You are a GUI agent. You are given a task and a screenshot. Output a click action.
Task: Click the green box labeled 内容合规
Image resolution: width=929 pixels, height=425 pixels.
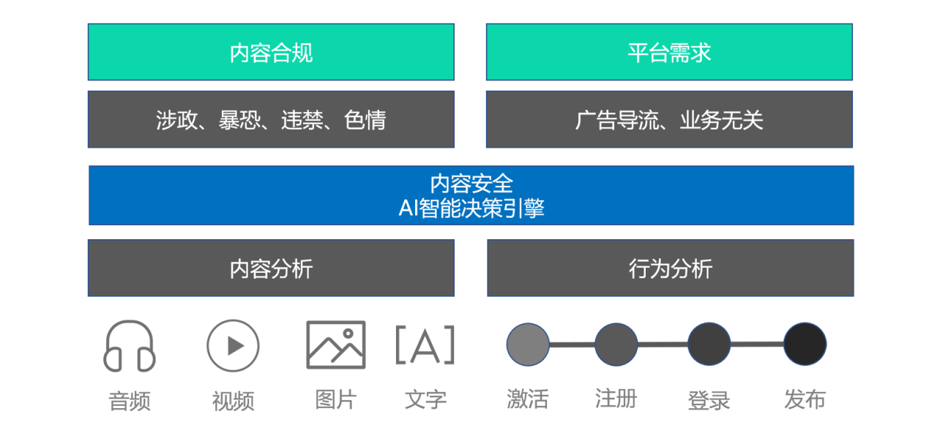271,52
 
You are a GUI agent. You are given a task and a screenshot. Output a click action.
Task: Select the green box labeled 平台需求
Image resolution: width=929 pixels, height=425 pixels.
669,52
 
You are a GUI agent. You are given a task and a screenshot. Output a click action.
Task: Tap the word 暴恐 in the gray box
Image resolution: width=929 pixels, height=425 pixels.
239,120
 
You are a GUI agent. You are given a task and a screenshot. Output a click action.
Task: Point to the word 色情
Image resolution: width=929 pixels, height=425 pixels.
365,120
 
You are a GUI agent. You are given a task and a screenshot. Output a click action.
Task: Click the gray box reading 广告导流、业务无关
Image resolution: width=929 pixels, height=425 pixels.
669,119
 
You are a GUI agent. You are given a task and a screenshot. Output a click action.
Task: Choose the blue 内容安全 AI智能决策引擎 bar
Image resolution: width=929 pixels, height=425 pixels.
471,195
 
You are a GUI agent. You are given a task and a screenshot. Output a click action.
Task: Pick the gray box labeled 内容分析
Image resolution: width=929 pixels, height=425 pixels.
271,268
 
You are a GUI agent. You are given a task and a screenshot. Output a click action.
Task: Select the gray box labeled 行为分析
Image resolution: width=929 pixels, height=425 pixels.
670,268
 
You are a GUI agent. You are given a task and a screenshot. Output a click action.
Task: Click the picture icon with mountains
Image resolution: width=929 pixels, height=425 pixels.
307,345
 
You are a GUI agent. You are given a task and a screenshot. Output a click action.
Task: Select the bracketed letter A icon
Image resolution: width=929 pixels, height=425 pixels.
425,345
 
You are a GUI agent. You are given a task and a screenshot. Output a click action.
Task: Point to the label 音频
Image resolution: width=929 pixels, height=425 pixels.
130,401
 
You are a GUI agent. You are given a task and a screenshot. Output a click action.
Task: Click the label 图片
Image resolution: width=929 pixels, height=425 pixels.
336,399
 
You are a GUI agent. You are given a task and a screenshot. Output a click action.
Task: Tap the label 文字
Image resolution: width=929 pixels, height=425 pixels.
425,399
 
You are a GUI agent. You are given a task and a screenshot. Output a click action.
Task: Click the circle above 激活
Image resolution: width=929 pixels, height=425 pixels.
528,345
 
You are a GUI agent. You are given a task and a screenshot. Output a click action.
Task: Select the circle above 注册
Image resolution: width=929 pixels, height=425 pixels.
616,345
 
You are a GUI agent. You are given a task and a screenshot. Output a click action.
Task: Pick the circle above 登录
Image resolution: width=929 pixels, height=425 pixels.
709,344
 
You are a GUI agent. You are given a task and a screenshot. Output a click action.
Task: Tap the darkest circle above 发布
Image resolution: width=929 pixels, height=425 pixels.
805,344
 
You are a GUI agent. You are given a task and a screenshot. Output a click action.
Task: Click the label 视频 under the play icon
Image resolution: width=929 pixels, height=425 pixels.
233,401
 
